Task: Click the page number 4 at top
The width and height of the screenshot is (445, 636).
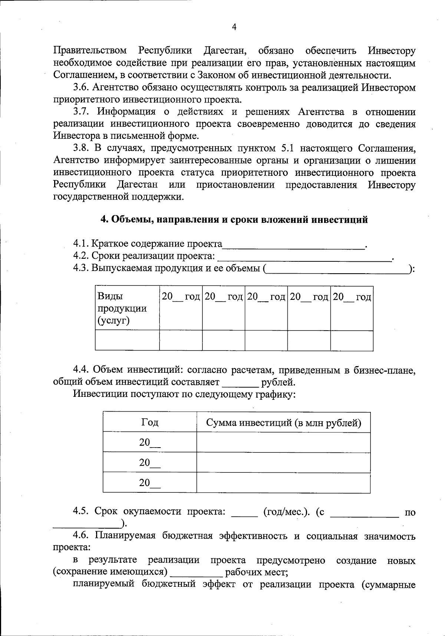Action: [234, 27]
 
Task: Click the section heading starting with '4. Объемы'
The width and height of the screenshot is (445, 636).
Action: [234, 220]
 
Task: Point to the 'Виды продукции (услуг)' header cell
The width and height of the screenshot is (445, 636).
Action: [122, 308]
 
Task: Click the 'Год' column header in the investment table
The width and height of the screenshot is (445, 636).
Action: [149, 422]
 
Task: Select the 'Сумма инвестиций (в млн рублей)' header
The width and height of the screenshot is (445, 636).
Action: [283, 422]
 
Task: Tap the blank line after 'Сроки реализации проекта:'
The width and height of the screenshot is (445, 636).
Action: [304, 258]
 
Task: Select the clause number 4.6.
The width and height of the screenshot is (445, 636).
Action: [81, 536]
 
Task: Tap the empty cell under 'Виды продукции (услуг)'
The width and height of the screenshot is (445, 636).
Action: [127, 340]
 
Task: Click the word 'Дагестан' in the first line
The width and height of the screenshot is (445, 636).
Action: [223, 51]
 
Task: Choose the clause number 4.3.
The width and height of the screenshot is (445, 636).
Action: [81, 268]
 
